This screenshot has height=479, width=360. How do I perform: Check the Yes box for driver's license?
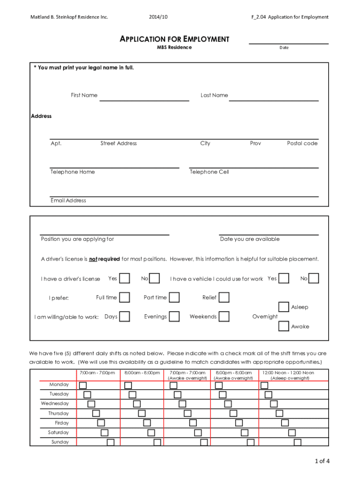click(x=125, y=278)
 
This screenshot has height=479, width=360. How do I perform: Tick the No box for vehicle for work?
click(x=314, y=278)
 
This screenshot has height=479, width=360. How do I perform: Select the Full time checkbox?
click(x=125, y=298)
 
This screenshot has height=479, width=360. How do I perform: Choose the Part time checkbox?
click(x=174, y=298)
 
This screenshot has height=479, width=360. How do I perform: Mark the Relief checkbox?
click(x=224, y=298)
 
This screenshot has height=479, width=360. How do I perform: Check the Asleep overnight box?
click(x=283, y=307)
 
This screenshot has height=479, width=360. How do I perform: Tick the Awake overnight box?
click(x=283, y=326)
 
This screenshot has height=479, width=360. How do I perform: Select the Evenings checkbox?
click(x=174, y=317)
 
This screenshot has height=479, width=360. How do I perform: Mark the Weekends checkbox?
click(x=224, y=317)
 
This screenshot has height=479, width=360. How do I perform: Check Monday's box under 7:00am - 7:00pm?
click(x=83, y=385)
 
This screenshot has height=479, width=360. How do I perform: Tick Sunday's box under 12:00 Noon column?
click(x=298, y=442)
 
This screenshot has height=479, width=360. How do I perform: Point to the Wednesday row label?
click(x=55, y=403)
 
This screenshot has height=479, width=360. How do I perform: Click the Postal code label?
click(x=302, y=144)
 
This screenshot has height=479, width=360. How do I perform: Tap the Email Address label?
click(x=68, y=201)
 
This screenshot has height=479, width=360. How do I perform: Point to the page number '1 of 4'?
click(x=322, y=461)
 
